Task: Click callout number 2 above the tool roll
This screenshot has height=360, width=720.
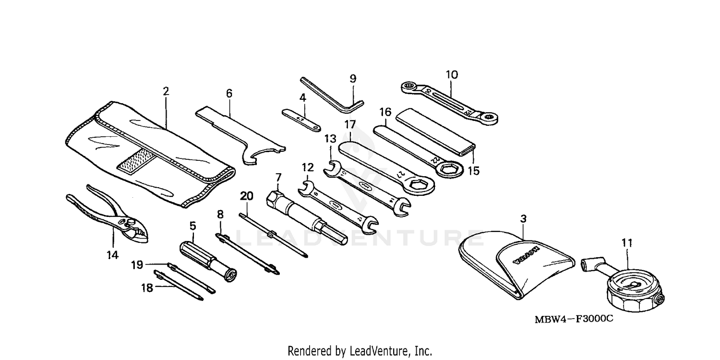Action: tap(166, 91)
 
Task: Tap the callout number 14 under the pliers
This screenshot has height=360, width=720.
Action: tap(112, 255)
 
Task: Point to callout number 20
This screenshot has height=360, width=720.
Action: tap(246, 196)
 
